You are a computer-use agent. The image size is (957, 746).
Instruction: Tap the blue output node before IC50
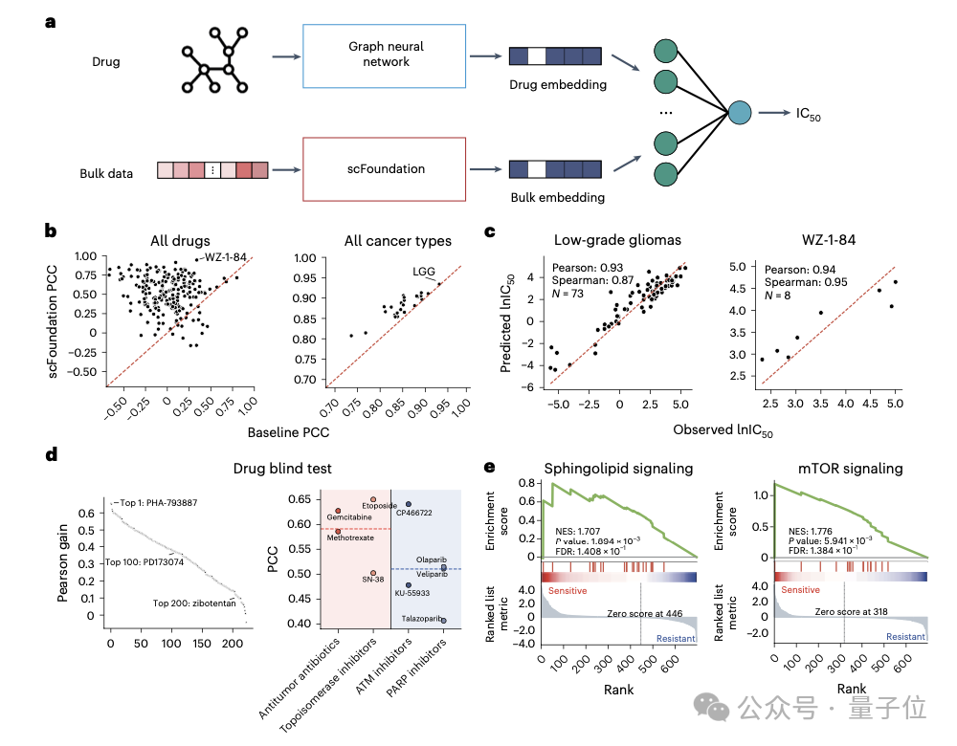pos(739,113)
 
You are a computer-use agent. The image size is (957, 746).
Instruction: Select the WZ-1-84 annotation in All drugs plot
pos(226,258)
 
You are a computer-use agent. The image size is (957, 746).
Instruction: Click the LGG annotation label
pos(424,273)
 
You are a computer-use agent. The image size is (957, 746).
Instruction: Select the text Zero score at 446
pos(642,610)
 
